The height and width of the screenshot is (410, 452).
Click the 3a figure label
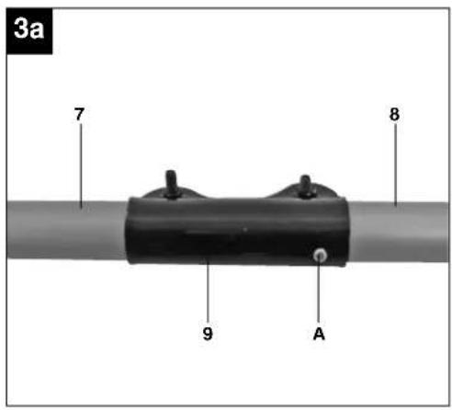click(x=29, y=29)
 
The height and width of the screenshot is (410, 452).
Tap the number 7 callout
click(x=79, y=114)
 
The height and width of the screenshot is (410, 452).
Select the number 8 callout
click(x=394, y=114)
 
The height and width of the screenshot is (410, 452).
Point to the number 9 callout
click(x=208, y=334)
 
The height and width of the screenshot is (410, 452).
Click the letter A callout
click(x=319, y=334)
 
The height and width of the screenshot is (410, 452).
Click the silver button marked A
click(x=320, y=255)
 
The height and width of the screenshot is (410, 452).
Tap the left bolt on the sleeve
click(x=172, y=183)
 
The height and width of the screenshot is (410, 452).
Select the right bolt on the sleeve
click(x=306, y=186)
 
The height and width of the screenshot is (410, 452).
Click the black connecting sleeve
click(x=236, y=231)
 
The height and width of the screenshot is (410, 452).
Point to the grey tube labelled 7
click(x=66, y=230)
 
